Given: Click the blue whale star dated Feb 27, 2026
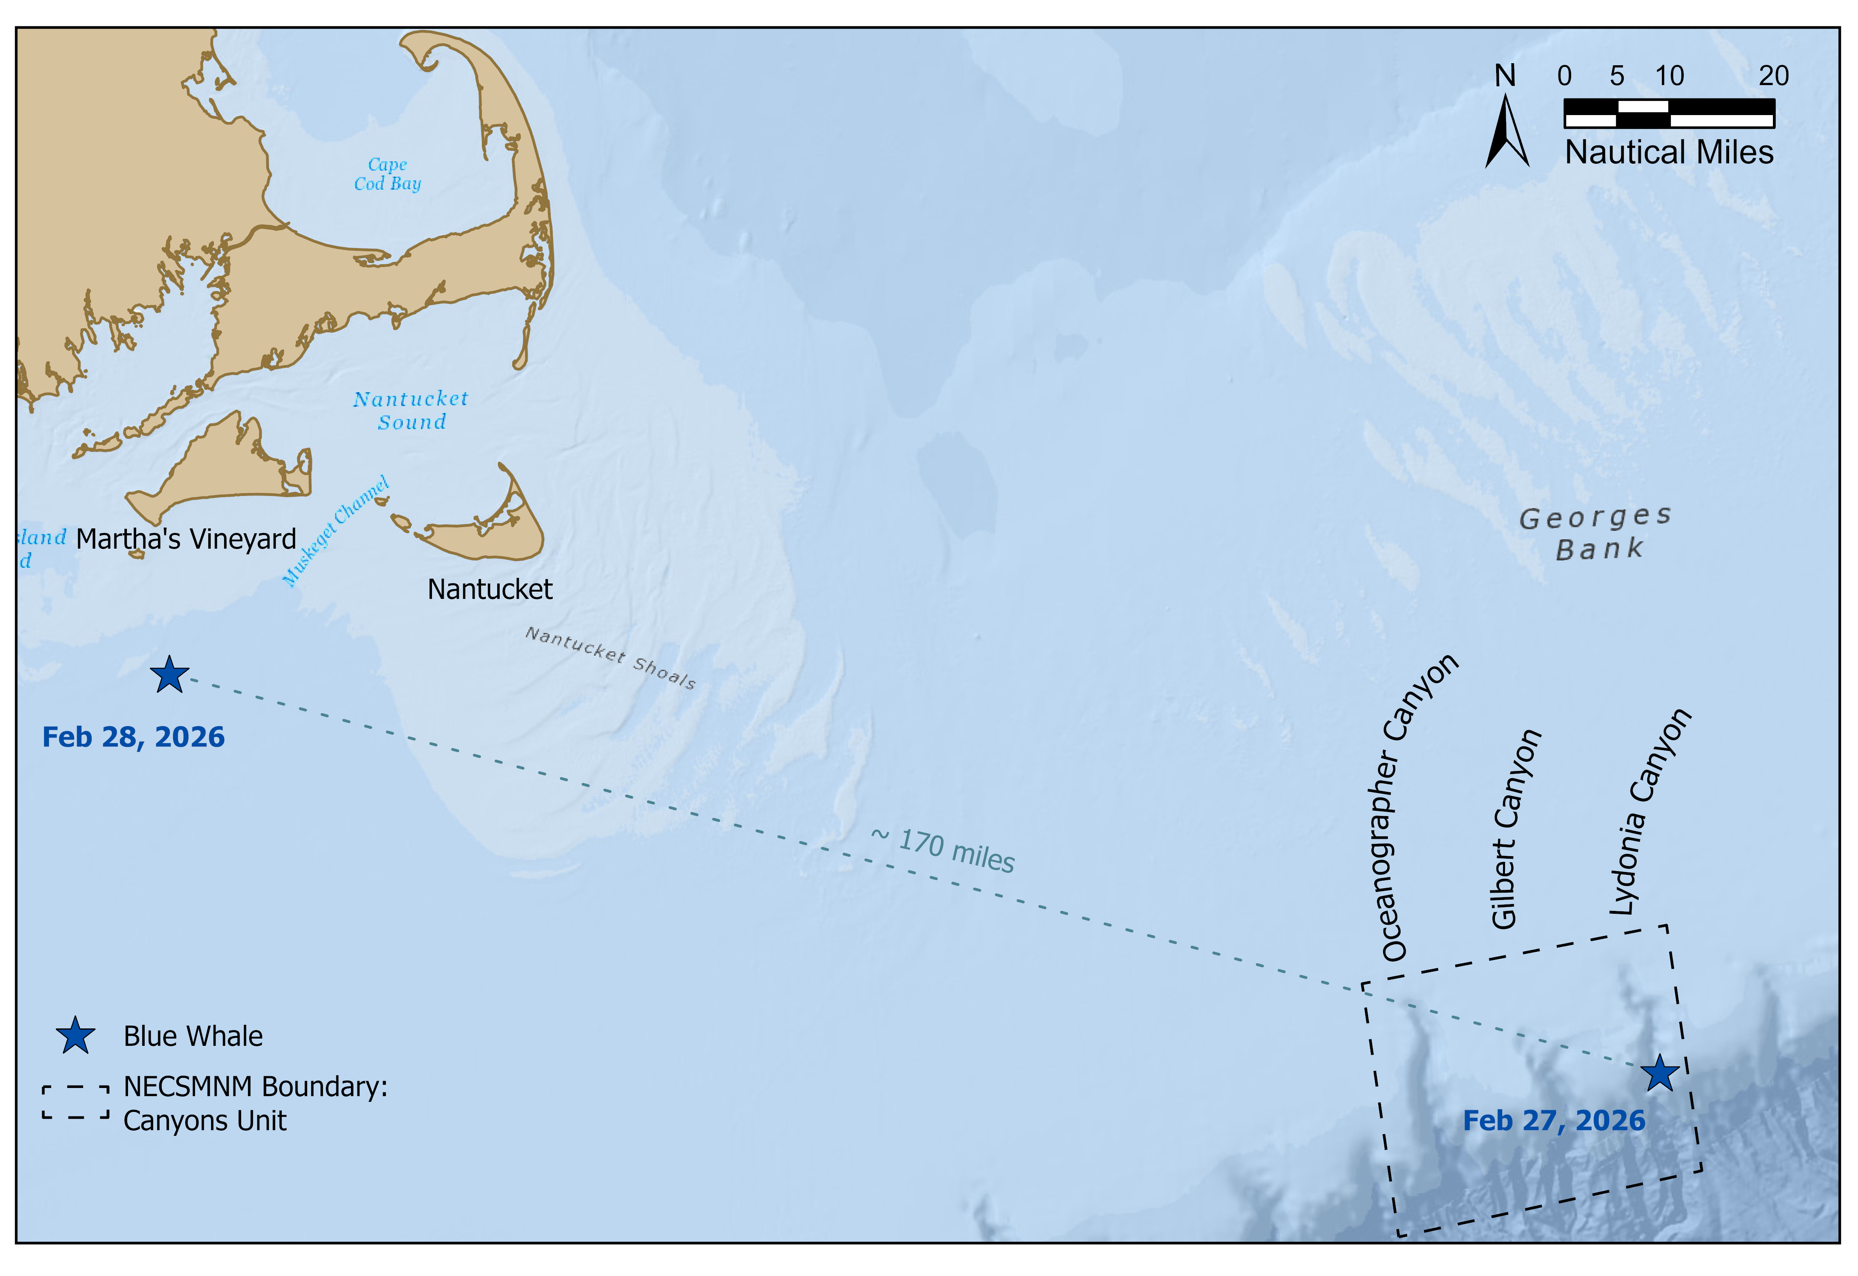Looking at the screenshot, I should (x=1660, y=1073).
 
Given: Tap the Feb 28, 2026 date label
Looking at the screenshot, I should (x=133, y=737).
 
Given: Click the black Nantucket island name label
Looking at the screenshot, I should (x=489, y=589).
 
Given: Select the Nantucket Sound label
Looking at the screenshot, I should (x=411, y=410).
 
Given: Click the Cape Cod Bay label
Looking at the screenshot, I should (x=388, y=174).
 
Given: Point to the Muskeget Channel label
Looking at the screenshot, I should (x=336, y=532).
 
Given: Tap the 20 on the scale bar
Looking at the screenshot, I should (x=1773, y=76).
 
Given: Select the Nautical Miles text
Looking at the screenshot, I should (x=1668, y=152).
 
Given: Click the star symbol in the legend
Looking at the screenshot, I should (x=75, y=1035).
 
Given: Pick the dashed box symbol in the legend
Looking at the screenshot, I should (x=76, y=1103).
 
